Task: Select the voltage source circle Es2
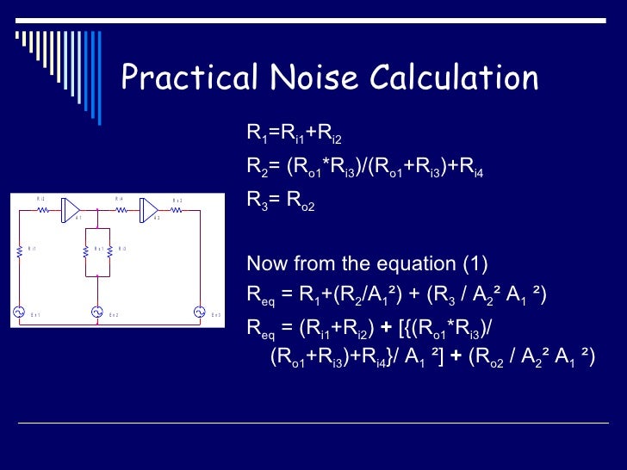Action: click(97, 312)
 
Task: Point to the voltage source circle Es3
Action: click(199, 312)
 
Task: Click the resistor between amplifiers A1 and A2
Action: click(121, 209)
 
